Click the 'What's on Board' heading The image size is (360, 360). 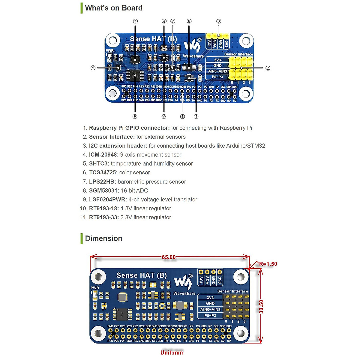pyautogui.click(x=114, y=8)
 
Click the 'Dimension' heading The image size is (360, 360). pyautogui.click(x=103, y=238)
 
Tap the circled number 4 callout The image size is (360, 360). pyautogui.click(x=135, y=21)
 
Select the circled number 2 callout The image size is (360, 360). pyautogui.click(x=268, y=68)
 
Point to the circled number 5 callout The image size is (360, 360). pyautogui.click(x=93, y=68)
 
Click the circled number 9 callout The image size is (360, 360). pyautogui.click(x=135, y=116)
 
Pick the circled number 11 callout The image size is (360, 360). pyautogui.click(x=196, y=116)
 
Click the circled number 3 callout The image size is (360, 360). pyautogui.click(x=219, y=21)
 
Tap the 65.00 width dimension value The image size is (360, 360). pyautogui.click(x=169, y=257)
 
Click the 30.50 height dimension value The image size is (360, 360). pyautogui.click(x=261, y=307)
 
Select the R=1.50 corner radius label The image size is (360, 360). pyautogui.click(x=268, y=264)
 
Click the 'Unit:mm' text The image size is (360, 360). pyautogui.click(x=172, y=352)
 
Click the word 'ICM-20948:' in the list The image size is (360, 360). pyautogui.click(x=104, y=155)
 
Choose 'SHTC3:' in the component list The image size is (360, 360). pyautogui.click(x=99, y=164)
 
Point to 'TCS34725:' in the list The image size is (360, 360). pyautogui.click(x=103, y=173)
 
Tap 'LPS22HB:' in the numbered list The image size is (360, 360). pyautogui.click(x=103, y=182)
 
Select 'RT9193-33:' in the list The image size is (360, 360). pyautogui.click(x=104, y=217)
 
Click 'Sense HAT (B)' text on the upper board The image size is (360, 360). pyautogui.click(x=153, y=39)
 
